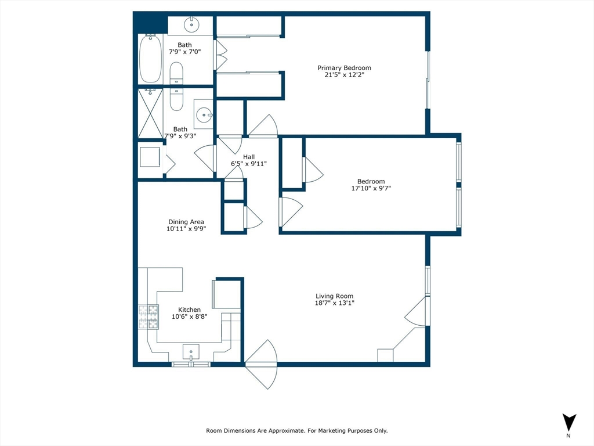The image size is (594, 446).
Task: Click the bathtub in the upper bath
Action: pos(151,59)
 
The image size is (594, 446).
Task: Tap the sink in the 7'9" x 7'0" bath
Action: pos(191,26)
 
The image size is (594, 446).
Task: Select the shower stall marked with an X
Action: pos(150,113)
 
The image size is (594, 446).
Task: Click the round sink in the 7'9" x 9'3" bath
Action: pos(204,115)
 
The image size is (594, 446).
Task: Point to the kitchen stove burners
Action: pos(148,317)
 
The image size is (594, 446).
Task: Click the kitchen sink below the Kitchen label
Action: pos(191,352)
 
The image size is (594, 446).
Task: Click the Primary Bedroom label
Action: pos(344,68)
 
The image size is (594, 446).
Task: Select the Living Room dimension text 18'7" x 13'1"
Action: pos(334,303)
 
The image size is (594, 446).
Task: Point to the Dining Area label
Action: pos(186,222)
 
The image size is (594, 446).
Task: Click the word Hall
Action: pos(248,157)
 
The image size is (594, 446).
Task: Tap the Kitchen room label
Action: pos(189,310)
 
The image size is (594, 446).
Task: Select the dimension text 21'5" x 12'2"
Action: pos(344,75)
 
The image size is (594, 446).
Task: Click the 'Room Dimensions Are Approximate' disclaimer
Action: pos(296,431)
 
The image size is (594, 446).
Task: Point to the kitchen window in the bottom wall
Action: pos(191,364)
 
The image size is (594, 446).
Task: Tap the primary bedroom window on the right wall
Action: pos(428,80)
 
